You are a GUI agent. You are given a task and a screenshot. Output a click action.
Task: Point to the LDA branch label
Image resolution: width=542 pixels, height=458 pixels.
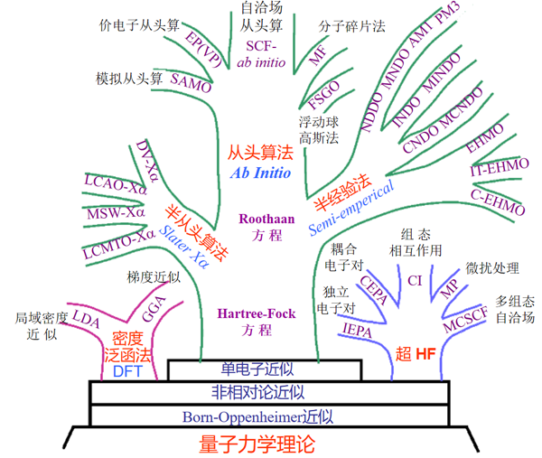(87, 318)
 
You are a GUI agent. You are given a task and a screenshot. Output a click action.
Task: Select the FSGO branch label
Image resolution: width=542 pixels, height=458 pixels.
(322, 97)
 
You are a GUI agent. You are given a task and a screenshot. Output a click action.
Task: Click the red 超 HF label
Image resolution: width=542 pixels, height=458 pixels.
(416, 352)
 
